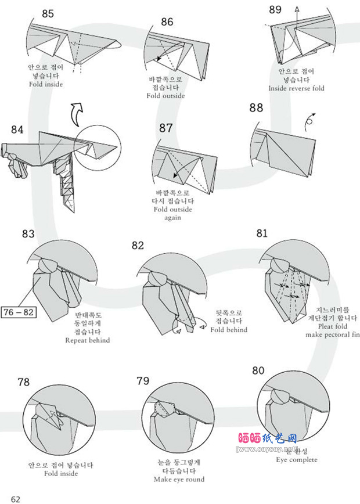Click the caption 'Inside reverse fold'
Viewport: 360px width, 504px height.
tap(296, 88)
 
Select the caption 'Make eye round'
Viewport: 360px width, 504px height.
tap(179, 480)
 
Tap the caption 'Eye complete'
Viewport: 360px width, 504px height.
tap(296, 460)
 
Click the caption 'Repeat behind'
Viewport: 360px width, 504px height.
tap(88, 340)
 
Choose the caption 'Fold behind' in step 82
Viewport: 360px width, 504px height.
tap(229, 330)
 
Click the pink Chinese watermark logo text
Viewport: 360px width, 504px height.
tap(268, 438)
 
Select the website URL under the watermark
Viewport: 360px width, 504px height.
tap(268, 449)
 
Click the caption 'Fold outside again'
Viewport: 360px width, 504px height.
tap(172, 213)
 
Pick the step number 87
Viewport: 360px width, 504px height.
tap(167, 127)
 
